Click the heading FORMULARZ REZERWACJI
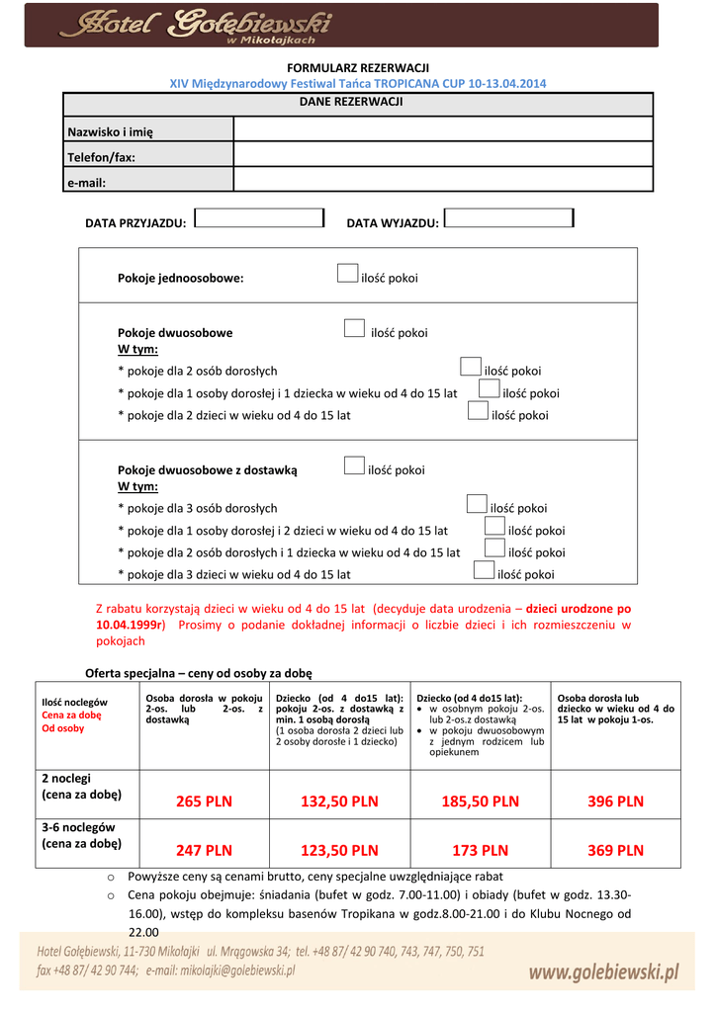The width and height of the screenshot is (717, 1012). click(x=358, y=67)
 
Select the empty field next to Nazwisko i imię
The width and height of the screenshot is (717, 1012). click(x=442, y=129)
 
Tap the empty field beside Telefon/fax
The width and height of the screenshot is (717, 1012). click(x=442, y=154)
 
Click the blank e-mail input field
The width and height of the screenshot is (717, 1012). click(x=442, y=179)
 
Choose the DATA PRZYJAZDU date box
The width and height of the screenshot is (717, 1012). click(x=260, y=218)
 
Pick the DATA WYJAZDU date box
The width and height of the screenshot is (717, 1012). click(x=508, y=218)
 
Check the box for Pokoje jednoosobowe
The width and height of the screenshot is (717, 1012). click(x=347, y=274)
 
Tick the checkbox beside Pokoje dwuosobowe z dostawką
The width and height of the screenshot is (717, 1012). click(x=354, y=465)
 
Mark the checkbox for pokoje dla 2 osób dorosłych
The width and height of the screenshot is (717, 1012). click(x=471, y=368)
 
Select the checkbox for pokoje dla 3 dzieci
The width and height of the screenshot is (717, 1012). click(x=484, y=570)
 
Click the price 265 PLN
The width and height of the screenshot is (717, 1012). click(x=204, y=801)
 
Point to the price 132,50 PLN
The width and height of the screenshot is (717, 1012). click(x=339, y=801)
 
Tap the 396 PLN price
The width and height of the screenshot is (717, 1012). click(x=615, y=801)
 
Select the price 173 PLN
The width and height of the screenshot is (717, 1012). click(x=480, y=850)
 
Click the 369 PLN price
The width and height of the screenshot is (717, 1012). click(x=615, y=850)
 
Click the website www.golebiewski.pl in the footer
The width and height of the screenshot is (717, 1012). click(x=603, y=973)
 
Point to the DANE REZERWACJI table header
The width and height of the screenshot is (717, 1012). click(x=358, y=102)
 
